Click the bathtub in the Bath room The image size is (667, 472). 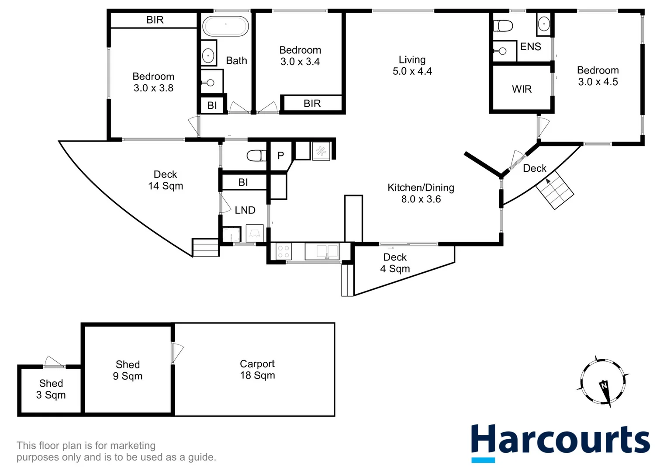225,26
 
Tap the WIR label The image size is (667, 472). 522,89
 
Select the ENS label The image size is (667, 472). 531,47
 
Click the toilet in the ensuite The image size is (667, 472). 503,26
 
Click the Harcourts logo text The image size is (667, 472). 560,440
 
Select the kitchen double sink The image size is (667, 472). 321,252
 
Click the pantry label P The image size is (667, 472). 280,155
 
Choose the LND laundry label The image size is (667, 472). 245,210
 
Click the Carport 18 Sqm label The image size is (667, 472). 257,369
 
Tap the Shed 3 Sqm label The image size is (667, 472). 51,389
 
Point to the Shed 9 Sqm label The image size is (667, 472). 128,370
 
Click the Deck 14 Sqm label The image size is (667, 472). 165,180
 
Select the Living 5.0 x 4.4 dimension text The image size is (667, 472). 412,71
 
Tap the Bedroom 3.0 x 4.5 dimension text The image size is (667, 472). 598,82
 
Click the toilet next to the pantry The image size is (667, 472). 256,155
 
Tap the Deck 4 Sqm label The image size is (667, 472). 395,263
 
